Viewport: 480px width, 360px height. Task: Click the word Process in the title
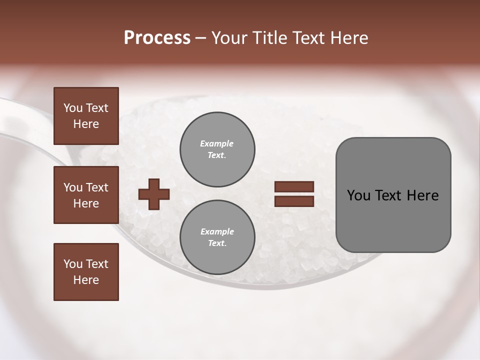(x=157, y=37)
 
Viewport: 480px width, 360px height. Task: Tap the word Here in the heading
(x=348, y=37)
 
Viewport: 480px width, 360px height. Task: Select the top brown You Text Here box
(x=86, y=116)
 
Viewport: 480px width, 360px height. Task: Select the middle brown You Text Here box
(x=86, y=195)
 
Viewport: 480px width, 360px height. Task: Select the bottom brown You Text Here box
(x=86, y=272)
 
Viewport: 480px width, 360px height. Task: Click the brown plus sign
(x=154, y=193)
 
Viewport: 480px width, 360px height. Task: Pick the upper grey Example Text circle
(x=217, y=149)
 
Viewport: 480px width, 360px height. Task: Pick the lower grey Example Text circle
(x=217, y=237)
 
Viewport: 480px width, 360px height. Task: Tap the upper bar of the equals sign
(x=294, y=187)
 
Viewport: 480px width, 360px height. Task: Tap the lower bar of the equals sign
(x=294, y=201)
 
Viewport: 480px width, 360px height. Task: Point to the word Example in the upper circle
(x=217, y=143)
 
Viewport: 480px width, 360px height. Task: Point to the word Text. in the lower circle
(x=217, y=243)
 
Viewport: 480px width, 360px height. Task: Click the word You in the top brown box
(x=73, y=108)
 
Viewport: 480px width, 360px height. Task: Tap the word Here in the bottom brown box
(x=86, y=280)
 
